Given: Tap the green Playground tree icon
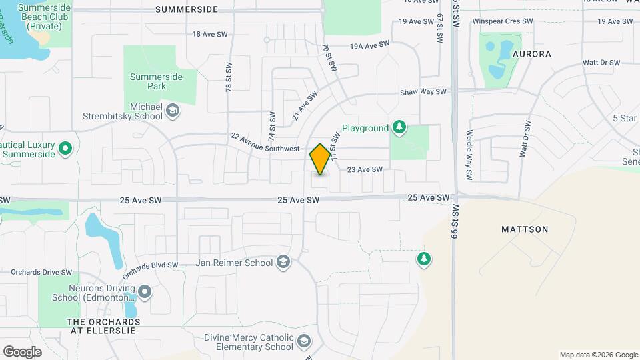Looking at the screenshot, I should [x=399, y=127].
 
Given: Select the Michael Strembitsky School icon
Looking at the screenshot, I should [x=173, y=111].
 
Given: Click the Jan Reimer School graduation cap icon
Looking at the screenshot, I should [x=283, y=262].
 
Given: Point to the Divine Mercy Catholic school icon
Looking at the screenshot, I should [x=305, y=342].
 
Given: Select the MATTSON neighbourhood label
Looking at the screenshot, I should [x=525, y=229].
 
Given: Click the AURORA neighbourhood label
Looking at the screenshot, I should [x=531, y=53].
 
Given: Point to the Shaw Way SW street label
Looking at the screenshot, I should [x=422, y=93].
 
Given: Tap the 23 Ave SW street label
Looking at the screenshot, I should [x=365, y=169].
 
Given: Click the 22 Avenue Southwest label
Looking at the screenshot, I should [x=265, y=143].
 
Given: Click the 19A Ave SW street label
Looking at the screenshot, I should [x=370, y=45].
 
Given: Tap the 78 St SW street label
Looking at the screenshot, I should [x=228, y=77].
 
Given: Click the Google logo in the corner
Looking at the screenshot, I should [x=22, y=351].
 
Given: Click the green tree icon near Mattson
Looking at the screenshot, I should [x=423, y=259].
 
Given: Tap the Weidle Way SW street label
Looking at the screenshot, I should [x=469, y=155].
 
